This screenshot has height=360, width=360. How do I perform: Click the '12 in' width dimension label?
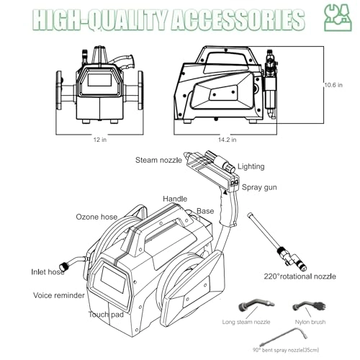[100, 140]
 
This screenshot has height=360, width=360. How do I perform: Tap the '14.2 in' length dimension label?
[227, 140]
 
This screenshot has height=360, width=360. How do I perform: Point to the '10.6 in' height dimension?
[333, 85]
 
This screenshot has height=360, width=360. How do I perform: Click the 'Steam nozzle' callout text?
[158, 160]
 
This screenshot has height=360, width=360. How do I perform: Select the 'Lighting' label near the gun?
[251, 166]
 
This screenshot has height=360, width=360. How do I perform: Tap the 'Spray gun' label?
[259, 187]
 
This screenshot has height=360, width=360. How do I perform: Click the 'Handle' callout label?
[175, 199]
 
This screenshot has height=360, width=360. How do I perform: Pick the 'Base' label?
[205, 211]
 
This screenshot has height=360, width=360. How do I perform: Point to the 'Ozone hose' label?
[96, 217]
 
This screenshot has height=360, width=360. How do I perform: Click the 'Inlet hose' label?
[48, 272]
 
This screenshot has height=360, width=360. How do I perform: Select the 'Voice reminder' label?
[59, 295]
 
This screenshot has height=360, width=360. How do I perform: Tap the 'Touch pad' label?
[106, 315]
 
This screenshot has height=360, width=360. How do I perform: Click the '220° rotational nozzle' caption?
[300, 276]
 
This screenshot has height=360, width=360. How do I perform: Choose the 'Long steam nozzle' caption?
[246, 322]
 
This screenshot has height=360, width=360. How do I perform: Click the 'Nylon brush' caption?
[310, 322]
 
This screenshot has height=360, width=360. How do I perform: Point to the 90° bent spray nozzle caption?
[286, 350]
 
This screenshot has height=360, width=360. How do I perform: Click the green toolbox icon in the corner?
[338, 17]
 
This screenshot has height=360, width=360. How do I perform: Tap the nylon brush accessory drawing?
[310, 306]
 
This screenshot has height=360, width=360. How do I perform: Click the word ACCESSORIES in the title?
[238, 19]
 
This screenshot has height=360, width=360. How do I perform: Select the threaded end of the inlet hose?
[63, 265]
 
